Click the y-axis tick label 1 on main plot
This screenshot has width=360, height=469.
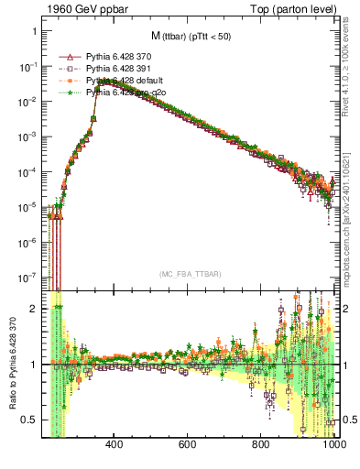click(34, 31)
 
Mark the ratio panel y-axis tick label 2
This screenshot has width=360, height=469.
click(34, 310)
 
